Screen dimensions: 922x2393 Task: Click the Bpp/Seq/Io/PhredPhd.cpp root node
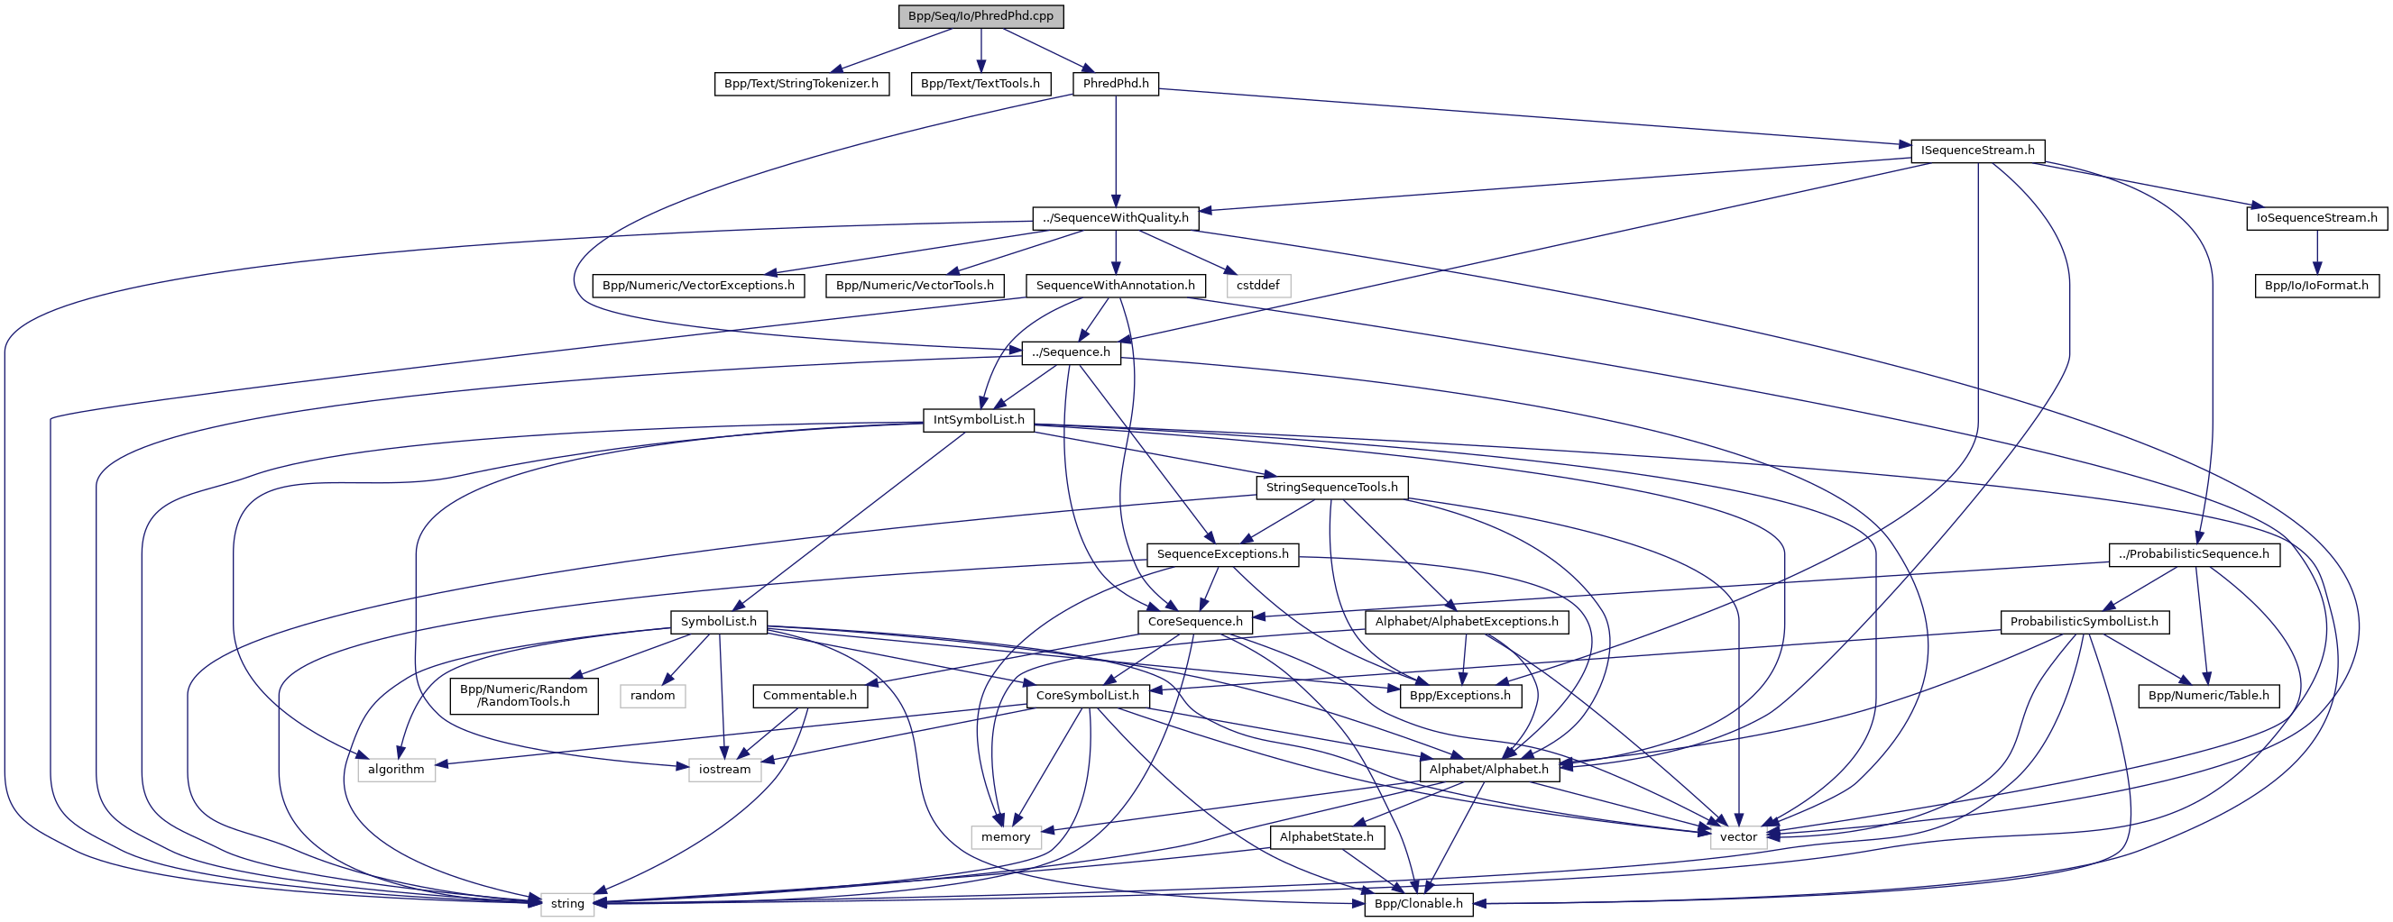click(980, 16)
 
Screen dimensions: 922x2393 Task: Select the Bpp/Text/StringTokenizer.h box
click(801, 84)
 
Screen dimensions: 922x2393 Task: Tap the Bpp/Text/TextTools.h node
click(980, 84)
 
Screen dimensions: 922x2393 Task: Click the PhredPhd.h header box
click(1116, 84)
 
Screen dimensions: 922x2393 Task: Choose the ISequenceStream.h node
click(1978, 151)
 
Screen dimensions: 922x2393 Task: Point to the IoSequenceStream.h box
click(2317, 218)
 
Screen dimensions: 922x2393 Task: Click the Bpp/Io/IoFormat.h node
click(2317, 285)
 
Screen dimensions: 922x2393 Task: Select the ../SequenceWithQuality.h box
click(1116, 218)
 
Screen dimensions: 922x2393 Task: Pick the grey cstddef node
click(1257, 285)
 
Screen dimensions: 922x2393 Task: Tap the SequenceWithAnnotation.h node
click(1116, 285)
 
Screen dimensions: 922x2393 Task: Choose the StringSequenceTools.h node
click(1331, 488)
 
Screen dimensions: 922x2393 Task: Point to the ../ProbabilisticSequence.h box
click(2195, 554)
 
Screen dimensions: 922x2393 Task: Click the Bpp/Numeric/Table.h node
click(2209, 696)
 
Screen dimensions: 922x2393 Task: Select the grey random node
click(652, 696)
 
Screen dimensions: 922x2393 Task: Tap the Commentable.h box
click(809, 696)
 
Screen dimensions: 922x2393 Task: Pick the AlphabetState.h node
click(1327, 837)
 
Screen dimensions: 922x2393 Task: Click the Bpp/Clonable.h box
click(1419, 904)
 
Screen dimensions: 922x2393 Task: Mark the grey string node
click(566, 904)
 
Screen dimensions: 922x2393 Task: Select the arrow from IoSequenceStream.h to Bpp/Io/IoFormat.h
click(2317, 251)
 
